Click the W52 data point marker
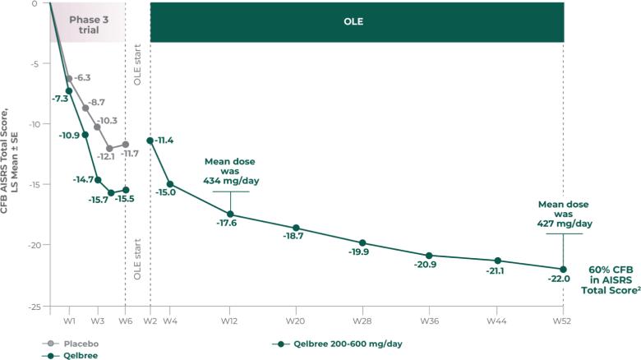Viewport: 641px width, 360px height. tap(563, 269)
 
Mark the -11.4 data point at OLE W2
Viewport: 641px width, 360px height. tap(150, 141)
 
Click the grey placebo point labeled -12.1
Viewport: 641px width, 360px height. tap(110, 149)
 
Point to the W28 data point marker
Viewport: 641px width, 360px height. tap(362, 242)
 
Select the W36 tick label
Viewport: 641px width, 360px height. tap(429, 320)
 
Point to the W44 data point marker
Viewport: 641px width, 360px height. tap(497, 261)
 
